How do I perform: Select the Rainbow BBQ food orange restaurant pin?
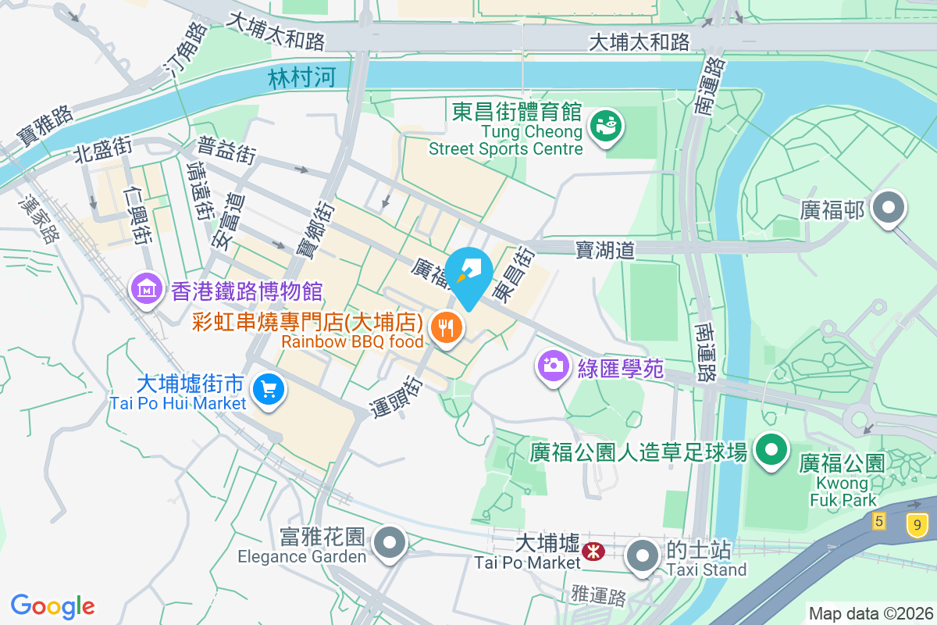click(447, 327)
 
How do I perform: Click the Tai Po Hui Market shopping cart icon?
click(269, 387)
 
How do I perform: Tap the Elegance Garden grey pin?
click(388, 541)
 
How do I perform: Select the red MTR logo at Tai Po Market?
click(593, 552)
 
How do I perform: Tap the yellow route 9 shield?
click(917, 523)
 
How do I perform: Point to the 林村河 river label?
click(301, 77)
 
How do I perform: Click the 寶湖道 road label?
click(604, 249)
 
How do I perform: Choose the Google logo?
click(52, 606)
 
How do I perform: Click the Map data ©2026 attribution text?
click(870, 613)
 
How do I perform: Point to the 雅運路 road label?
click(599, 597)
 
